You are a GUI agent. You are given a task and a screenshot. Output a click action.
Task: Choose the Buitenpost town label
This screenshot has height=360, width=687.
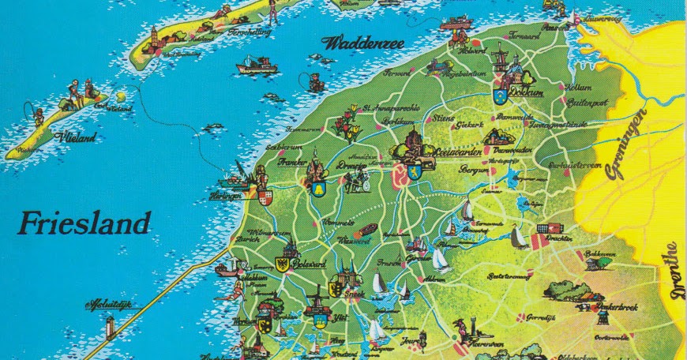577,102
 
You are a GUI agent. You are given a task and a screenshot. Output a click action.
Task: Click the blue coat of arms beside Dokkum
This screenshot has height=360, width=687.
499,96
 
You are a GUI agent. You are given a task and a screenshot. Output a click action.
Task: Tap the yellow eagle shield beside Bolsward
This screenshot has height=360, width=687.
281,264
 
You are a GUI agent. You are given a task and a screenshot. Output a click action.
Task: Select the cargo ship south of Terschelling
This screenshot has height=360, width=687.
257,66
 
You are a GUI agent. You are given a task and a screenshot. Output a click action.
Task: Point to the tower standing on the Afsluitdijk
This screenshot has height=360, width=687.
111,325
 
